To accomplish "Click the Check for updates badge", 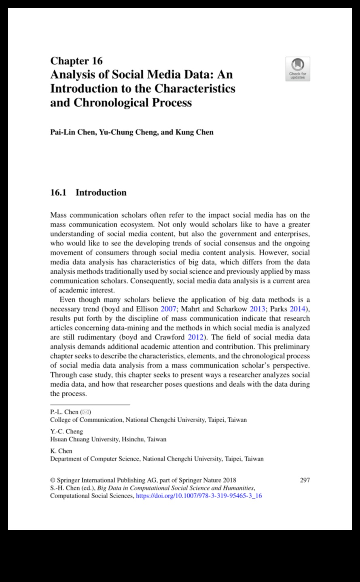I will (x=298, y=69).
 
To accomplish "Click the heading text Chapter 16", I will (x=76, y=61).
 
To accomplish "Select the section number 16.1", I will (x=58, y=193).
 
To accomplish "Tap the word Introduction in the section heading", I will (x=101, y=193).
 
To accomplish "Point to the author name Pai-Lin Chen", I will (x=72, y=132).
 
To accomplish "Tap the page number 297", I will (x=305, y=480).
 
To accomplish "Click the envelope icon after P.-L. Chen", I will (x=86, y=412).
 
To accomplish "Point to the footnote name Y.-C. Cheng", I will (x=66, y=432).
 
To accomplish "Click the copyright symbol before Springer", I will (x=53, y=480).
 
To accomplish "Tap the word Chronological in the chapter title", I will (x=111, y=102).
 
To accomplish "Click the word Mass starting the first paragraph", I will (x=58, y=215).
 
